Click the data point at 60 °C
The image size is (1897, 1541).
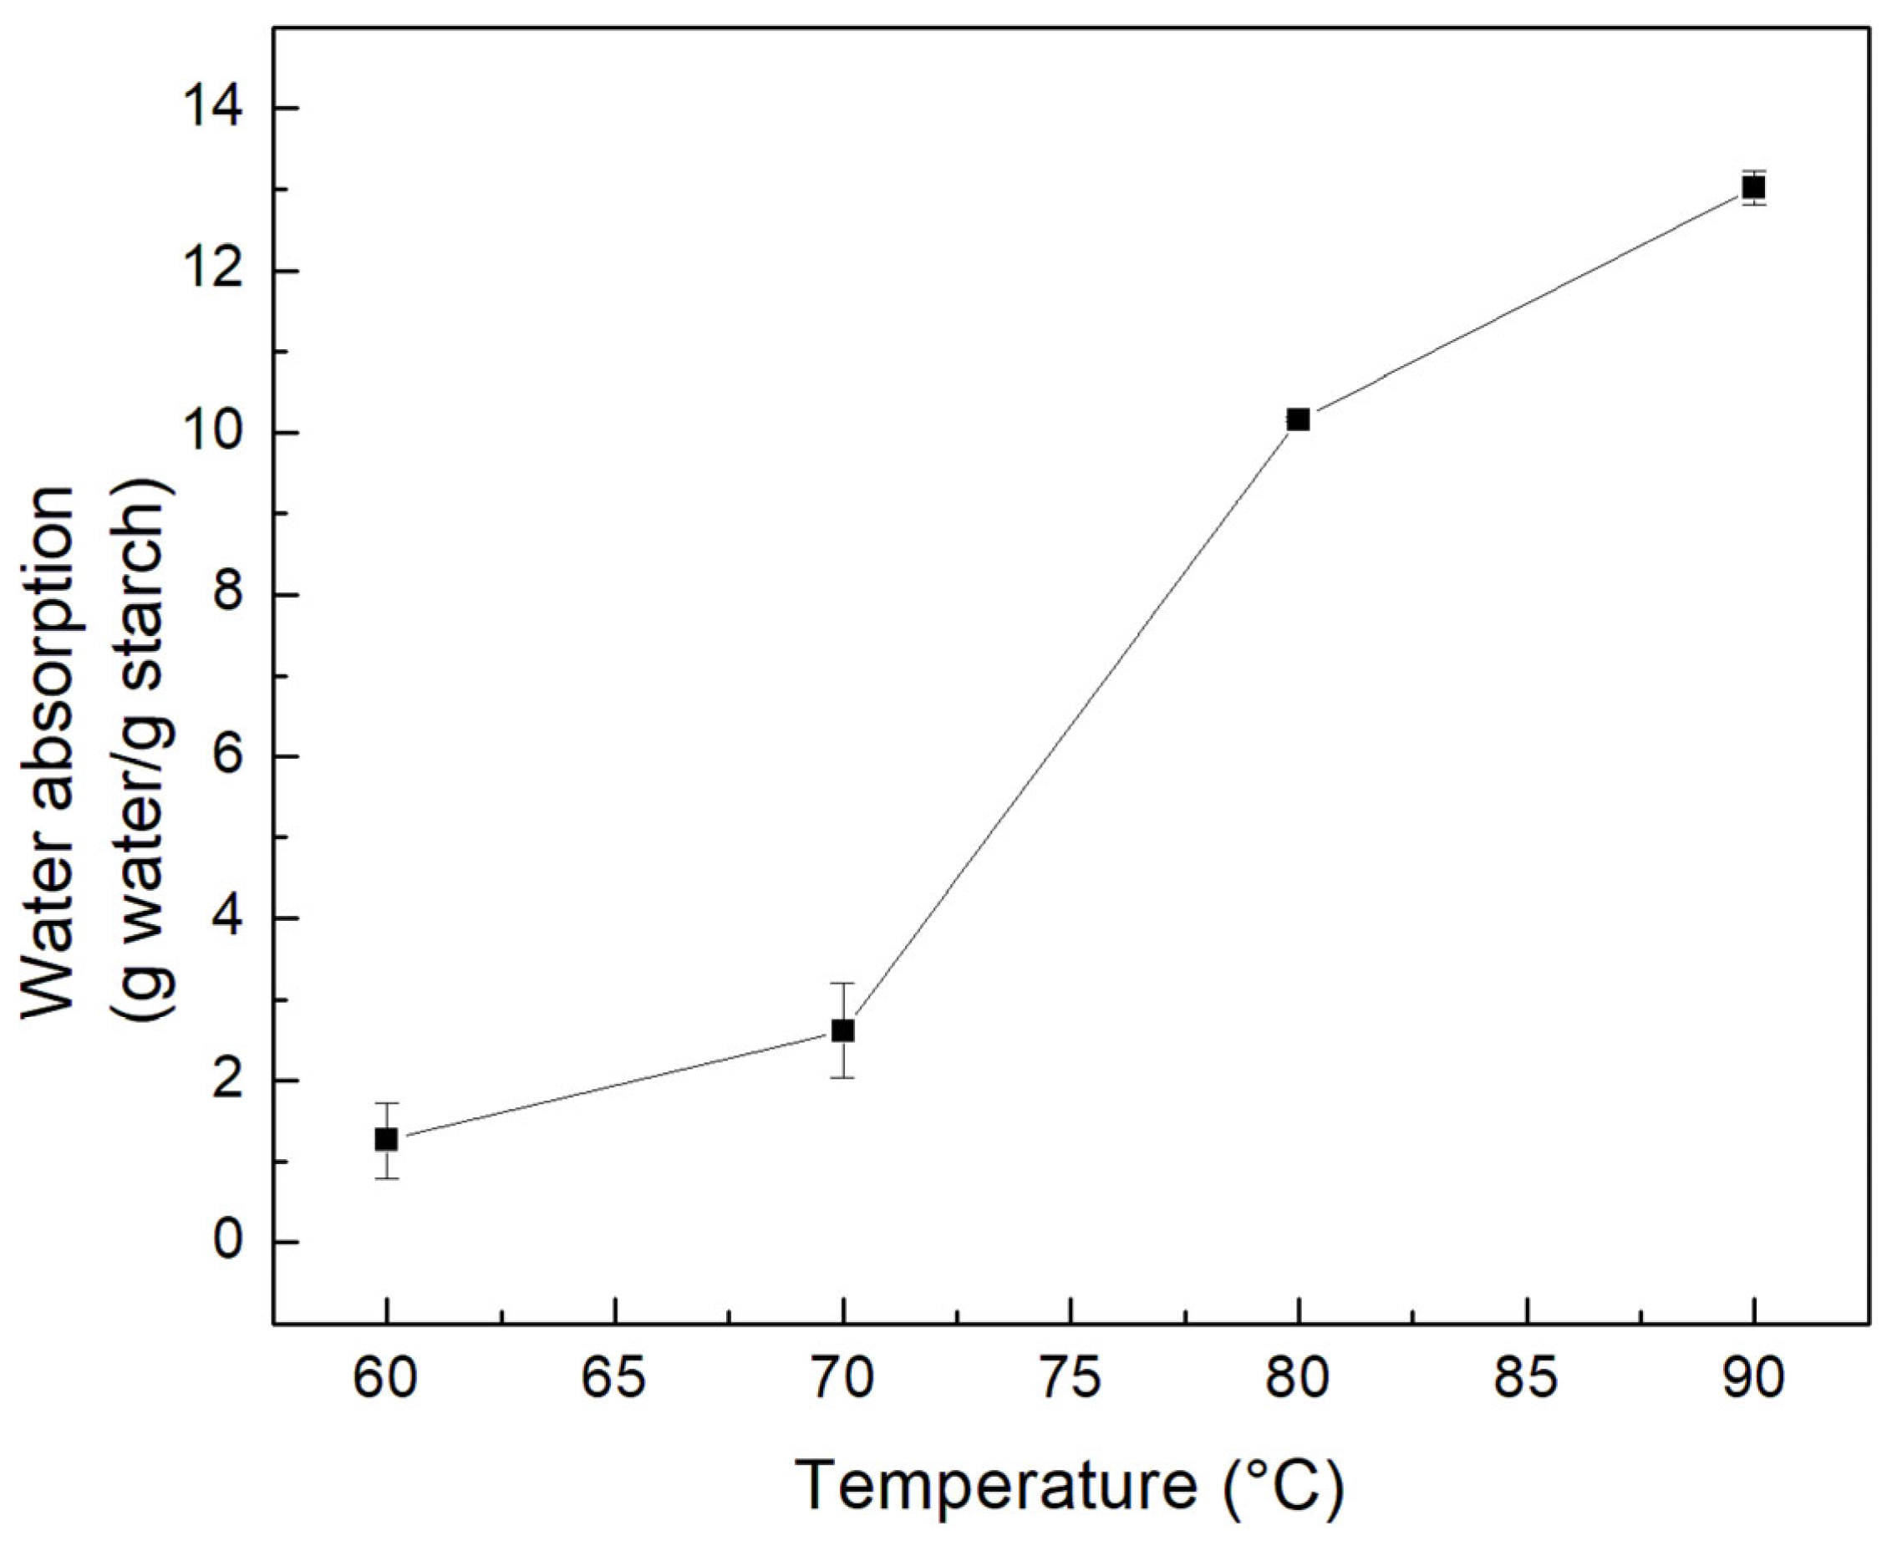tap(386, 1139)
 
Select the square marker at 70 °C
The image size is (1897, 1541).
tap(842, 1030)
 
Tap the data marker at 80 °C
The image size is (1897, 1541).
tap(1299, 419)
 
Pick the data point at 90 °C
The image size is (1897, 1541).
tap(1754, 187)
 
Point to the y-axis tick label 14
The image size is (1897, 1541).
tap(216, 109)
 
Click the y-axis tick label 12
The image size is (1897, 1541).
tap(216, 271)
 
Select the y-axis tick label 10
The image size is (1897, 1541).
tap(216, 433)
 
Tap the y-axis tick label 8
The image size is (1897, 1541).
tap(229, 595)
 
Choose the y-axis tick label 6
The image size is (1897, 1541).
tap(229, 756)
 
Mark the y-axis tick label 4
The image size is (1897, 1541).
tap(229, 918)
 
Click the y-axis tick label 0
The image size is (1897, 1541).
tap(229, 1243)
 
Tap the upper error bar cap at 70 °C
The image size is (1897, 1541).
tap(842, 983)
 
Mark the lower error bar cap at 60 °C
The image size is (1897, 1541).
tap(386, 1178)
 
